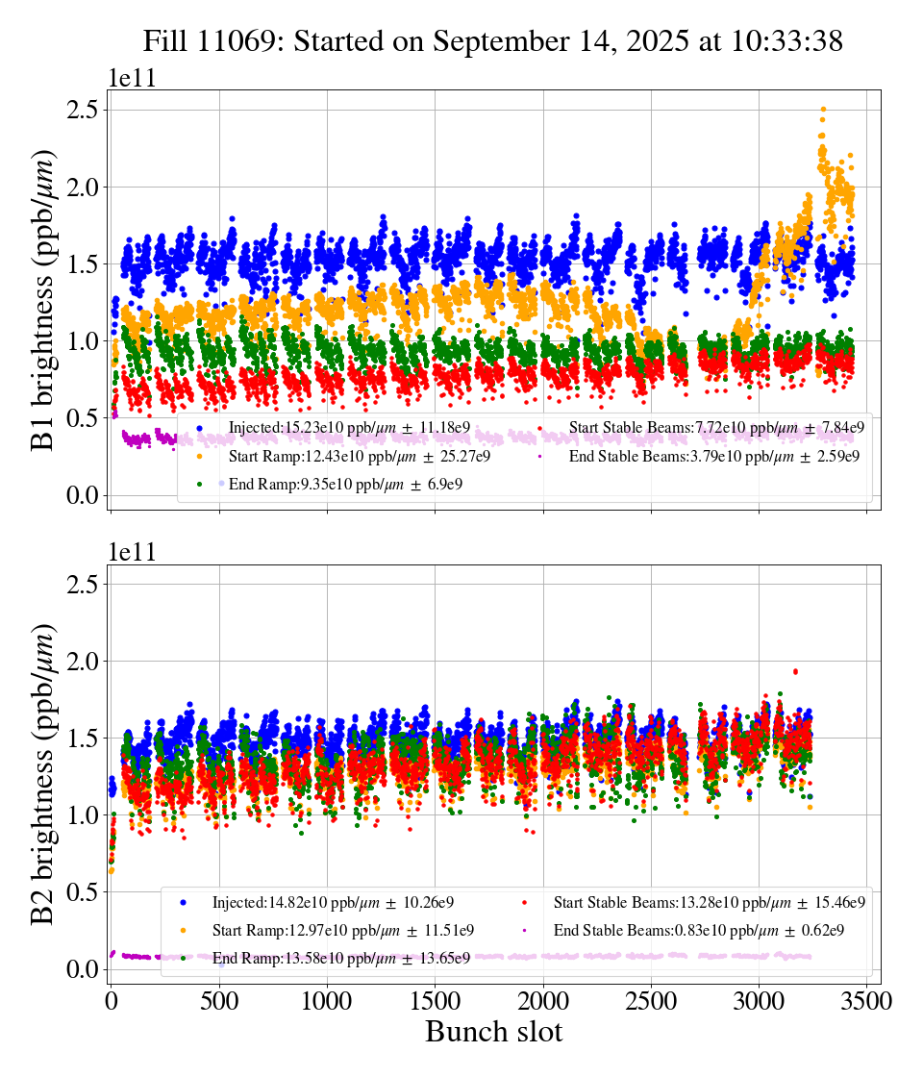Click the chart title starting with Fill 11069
tap(492, 41)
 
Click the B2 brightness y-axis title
tap(43, 774)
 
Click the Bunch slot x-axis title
tap(493, 1033)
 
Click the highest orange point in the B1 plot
tap(823, 110)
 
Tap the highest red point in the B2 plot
tap(795, 671)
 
